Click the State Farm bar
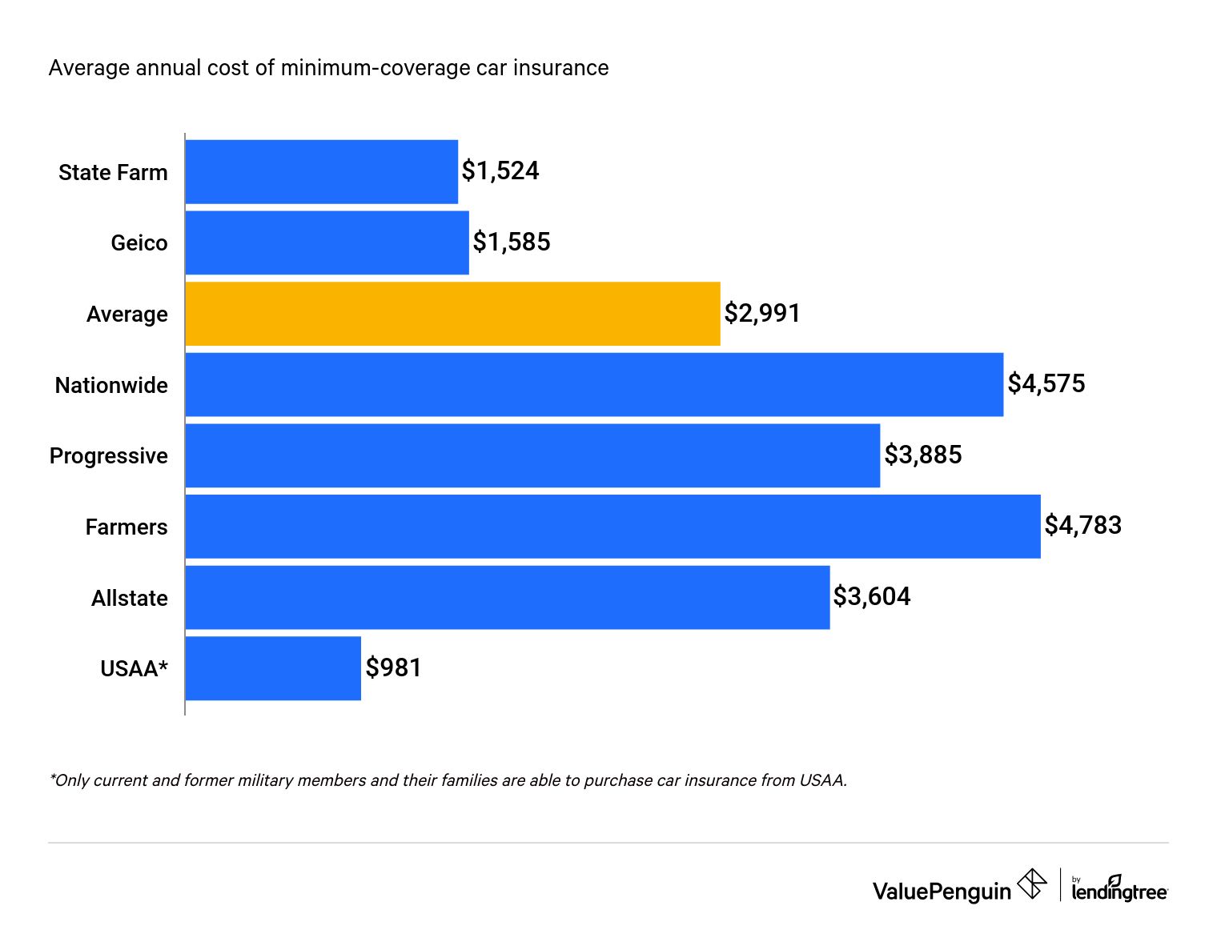click(321, 172)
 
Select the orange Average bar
click(452, 314)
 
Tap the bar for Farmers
click(613, 527)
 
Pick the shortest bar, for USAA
click(273, 668)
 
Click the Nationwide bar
click(594, 385)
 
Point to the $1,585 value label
click(512, 242)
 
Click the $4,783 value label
click(1082, 525)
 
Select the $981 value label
click(393, 667)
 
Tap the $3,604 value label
click(871, 596)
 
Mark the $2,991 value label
click(762, 313)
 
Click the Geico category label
click(139, 243)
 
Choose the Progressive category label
click(109, 456)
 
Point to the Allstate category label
click(130, 599)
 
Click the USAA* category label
click(134, 669)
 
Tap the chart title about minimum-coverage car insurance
click(328, 68)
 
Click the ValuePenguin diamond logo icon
click(1032, 884)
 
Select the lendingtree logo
click(1119, 888)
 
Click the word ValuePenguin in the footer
click(942, 892)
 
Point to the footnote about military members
click(448, 780)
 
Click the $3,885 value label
click(922, 455)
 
